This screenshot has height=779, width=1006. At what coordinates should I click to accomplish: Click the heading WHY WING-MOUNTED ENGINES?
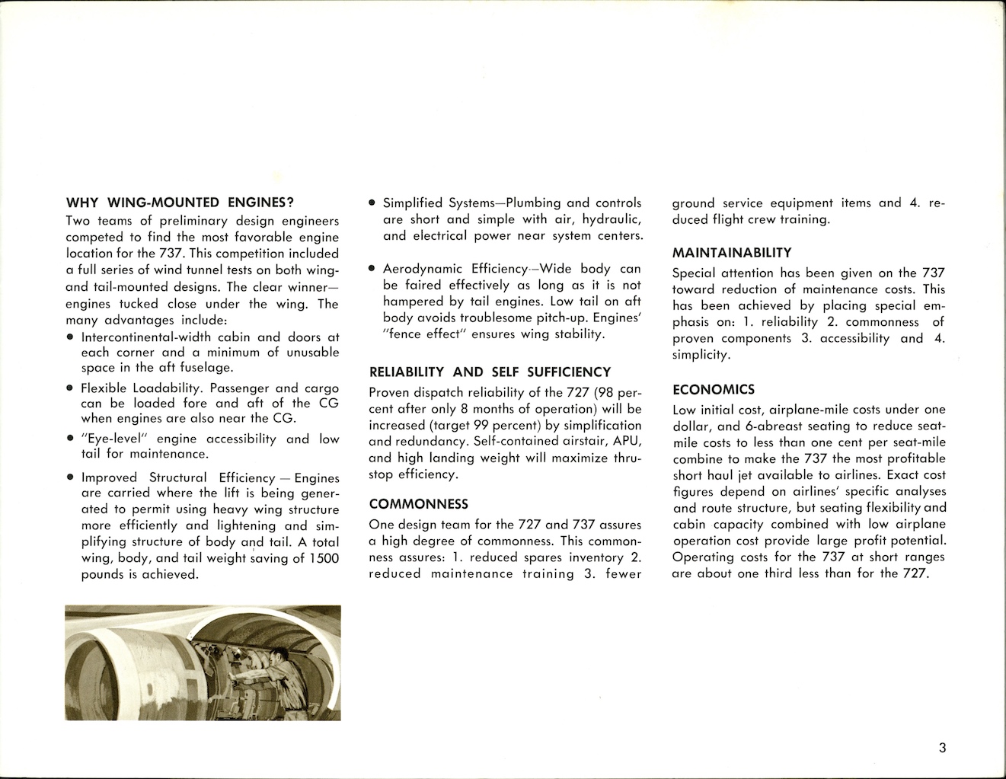[x=180, y=203]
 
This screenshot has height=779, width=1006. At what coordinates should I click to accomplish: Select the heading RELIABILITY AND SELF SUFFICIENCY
[x=490, y=372]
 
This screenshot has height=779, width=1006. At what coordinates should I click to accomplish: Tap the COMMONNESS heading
[x=418, y=504]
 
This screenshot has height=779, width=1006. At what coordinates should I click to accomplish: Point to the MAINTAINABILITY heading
[x=732, y=253]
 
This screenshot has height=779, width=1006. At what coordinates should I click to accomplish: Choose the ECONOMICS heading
[x=714, y=390]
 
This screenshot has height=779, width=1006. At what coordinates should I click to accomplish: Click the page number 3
[x=942, y=748]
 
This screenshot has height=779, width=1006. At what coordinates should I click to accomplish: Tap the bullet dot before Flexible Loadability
[x=71, y=388]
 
